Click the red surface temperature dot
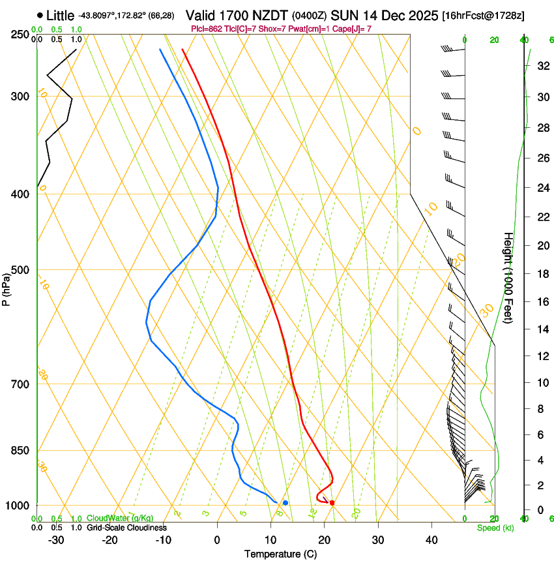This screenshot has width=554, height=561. (x=332, y=503)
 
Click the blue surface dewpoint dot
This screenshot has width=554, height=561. (x=285, y=503)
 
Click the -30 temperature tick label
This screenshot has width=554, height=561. (x=56, y=539)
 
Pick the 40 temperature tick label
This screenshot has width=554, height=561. (x=431, y=539)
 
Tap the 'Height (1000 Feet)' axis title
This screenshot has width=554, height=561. (x=508, y=278)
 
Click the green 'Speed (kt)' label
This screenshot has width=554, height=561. (x=495, y=528)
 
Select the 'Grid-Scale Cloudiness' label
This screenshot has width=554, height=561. (x=126, y=528)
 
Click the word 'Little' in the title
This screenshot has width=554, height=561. (x=61, y=15)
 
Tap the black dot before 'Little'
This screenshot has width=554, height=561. (x=40, y=15)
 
